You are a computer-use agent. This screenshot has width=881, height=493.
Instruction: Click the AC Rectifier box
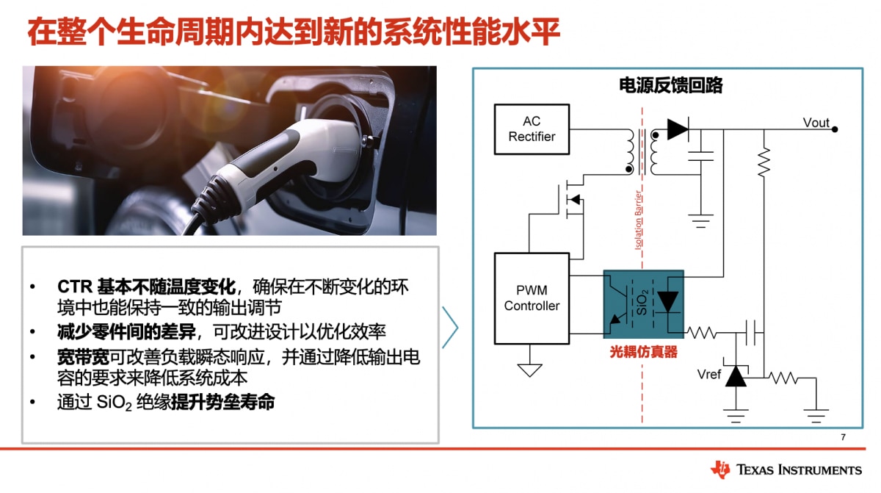click(532, 129)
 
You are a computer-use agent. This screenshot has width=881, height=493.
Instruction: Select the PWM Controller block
click(532, 298)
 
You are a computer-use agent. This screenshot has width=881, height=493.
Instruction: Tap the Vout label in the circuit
click(816, 123)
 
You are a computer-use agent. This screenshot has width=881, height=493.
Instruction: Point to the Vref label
click(708, 374)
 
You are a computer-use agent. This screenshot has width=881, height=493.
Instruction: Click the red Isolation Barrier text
click(638, 220)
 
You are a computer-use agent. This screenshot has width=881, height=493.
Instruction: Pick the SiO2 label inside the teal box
click(642, 302)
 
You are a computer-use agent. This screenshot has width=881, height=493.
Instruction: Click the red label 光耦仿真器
click(643, 352)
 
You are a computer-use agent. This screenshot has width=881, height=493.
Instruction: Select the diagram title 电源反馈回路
click(670, 85)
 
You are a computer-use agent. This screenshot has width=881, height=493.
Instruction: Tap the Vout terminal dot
click(835, 129)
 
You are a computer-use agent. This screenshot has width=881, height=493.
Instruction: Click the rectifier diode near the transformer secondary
click(678, 129)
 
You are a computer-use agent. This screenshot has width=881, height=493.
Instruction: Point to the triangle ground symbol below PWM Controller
click(529, 370)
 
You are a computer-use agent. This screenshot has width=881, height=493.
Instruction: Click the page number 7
click(843, 437)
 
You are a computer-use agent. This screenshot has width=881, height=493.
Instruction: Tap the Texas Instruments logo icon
click(719, 469)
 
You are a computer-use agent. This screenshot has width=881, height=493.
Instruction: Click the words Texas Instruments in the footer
click(799, 469)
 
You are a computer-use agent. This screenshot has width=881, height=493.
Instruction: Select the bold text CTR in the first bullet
click(75, 287)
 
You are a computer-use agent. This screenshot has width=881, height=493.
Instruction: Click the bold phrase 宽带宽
click(84, 357)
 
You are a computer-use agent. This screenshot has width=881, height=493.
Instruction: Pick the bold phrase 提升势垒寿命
click(223, 402)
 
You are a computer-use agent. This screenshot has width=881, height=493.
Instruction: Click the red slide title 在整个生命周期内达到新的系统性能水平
click(294, 32)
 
